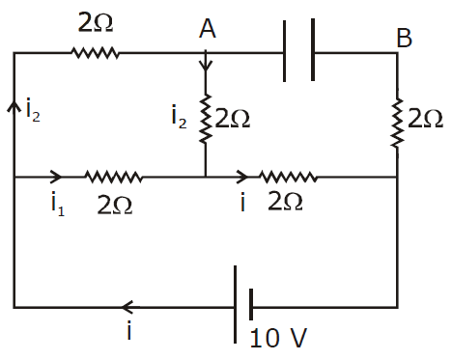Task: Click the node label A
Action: pos(208,28)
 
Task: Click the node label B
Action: pos(404,38)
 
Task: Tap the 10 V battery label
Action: pos(278,338)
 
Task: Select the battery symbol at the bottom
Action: pos(243,304)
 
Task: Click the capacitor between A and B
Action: pos(298,50)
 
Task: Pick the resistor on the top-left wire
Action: pos(95,53)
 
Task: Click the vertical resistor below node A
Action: pos(206,119)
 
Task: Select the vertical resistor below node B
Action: pos(397,123)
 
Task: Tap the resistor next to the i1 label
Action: pos(113,177)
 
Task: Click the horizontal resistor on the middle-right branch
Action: pos(288,177)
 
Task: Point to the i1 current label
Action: pos(58,204)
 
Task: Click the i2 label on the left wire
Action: pos(33,110)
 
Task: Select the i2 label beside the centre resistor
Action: pos(179,117)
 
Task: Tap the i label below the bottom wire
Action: pos(129,330)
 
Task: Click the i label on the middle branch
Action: pos(243,202)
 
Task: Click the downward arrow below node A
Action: pos(206,61)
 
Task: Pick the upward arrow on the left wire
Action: pos(14,106)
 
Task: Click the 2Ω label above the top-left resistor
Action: pos(96,23)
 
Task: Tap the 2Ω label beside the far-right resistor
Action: pos(426,119)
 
